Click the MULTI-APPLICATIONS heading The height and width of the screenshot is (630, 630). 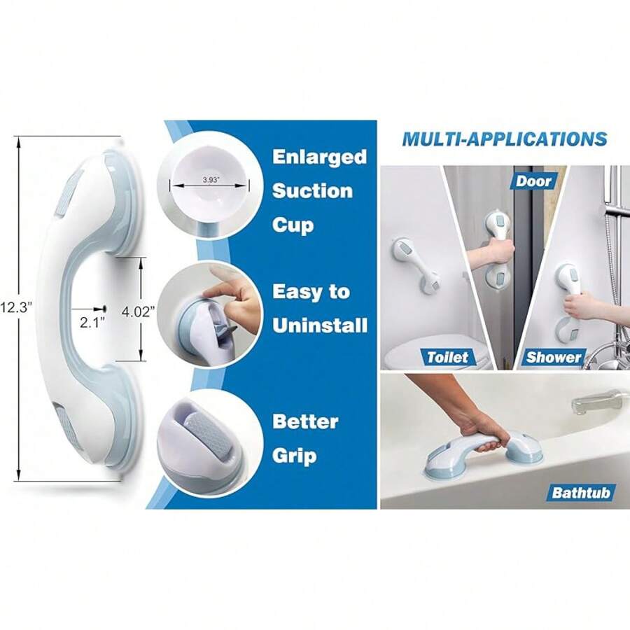click(x=504, y=139)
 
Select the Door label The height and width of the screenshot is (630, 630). click(x=533, y=181)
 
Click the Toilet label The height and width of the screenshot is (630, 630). click(x=447, y=357)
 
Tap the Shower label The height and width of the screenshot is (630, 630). click(x=554, y=357)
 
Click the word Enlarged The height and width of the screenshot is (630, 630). click(x=319, y=156)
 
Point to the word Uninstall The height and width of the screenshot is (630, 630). click(x=319, y=325)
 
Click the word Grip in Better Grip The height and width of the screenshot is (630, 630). click(x=294, y=456)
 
